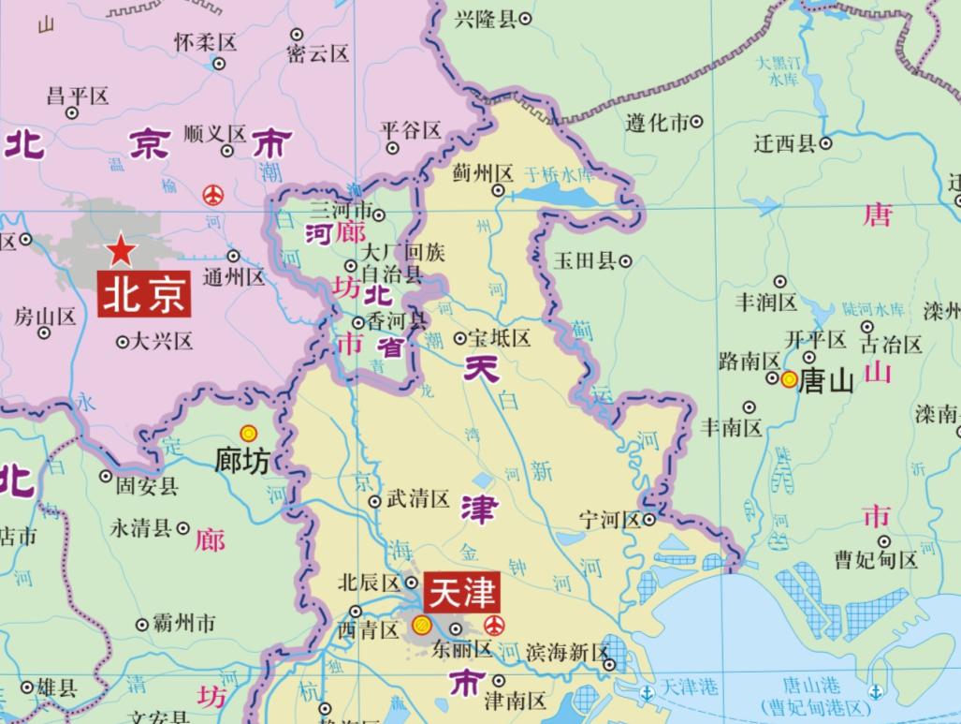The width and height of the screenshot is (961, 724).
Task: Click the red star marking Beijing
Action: point(121,250)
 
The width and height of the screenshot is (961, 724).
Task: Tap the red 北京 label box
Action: point(144,295)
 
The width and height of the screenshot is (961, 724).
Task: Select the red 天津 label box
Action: point(459,593)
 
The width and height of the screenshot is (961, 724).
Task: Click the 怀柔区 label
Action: point(206,42)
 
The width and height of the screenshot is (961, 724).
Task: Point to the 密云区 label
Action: point(318,53)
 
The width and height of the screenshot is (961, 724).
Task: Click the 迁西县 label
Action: point(785,143)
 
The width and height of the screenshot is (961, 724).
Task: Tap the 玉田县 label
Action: point(586,260)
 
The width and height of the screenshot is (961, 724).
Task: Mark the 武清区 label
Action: point(418,499)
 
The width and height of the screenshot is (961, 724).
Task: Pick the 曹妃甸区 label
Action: point(876,561)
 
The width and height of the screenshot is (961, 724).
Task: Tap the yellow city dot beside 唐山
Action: point(789,379)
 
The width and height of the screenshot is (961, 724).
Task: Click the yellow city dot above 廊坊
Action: point(248,433)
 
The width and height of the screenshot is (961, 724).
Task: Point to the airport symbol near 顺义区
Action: point(213,195)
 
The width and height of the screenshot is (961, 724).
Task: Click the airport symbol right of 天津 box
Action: point(494,626)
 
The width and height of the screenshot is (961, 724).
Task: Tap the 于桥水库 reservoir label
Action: point(559,174)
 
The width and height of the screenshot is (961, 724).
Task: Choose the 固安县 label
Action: point(146,486)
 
